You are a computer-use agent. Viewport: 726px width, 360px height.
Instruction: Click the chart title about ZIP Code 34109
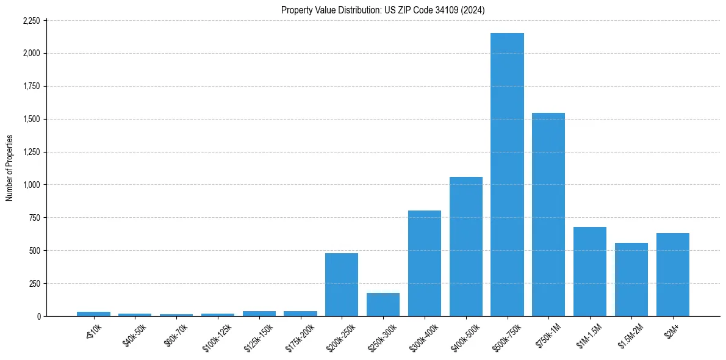point(383,10)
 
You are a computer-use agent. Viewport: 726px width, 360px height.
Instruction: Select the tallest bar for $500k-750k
point(507,175)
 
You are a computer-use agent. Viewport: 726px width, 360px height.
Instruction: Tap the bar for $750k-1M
point(548,214)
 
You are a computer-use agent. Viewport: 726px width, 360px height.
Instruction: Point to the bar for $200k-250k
point(342,284)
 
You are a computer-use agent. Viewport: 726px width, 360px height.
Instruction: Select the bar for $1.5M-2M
point(631,279)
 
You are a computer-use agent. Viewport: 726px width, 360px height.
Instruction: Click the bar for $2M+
point(673,275)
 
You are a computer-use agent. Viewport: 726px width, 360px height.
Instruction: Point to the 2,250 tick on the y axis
point(31,21)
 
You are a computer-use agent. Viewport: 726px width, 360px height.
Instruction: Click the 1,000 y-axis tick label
point(31,185)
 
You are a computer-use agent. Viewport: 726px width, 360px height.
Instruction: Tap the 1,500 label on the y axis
point(31,120)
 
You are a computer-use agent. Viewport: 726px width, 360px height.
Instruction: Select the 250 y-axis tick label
point(34,284)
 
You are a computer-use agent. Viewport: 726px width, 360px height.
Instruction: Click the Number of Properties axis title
point(10,168)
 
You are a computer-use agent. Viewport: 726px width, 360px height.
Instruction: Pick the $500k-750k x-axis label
point(504,336)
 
